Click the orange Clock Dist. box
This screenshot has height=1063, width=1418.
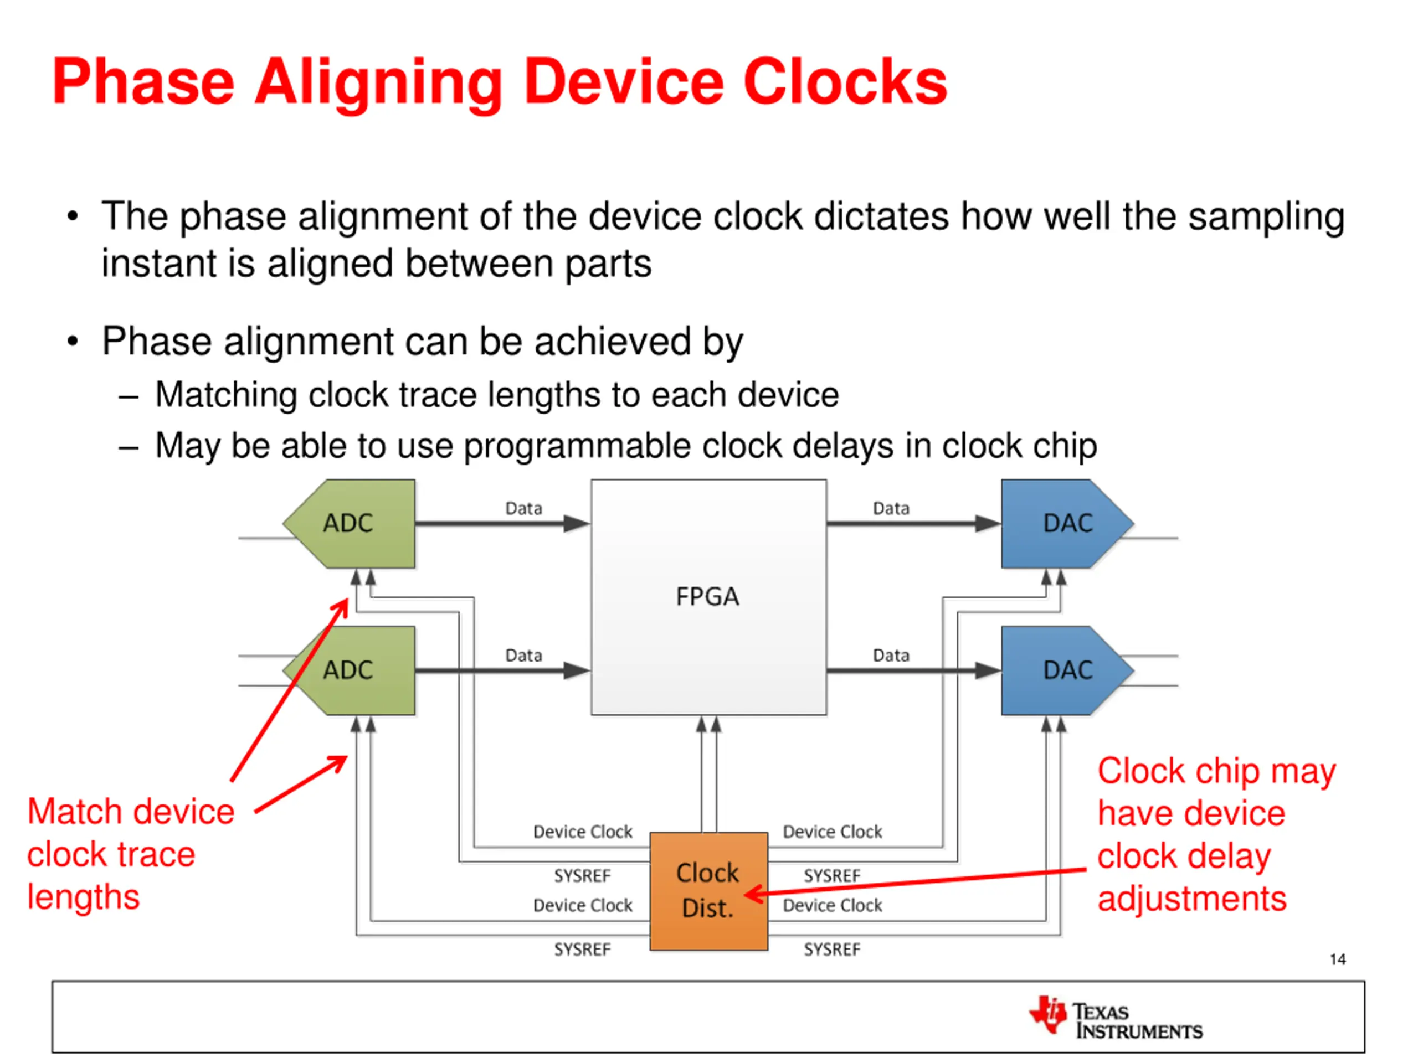708,891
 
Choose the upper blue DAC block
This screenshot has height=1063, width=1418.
1061,524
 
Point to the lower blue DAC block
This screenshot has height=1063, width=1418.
1061,670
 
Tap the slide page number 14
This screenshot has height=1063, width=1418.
1337,959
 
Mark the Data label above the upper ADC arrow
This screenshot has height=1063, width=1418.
524,509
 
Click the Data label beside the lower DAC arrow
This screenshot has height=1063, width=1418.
891,656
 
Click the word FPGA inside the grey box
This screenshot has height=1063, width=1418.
708,596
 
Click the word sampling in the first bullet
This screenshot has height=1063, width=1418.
1266,216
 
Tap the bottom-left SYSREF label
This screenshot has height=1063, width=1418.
582,949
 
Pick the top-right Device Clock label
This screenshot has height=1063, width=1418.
832,832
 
